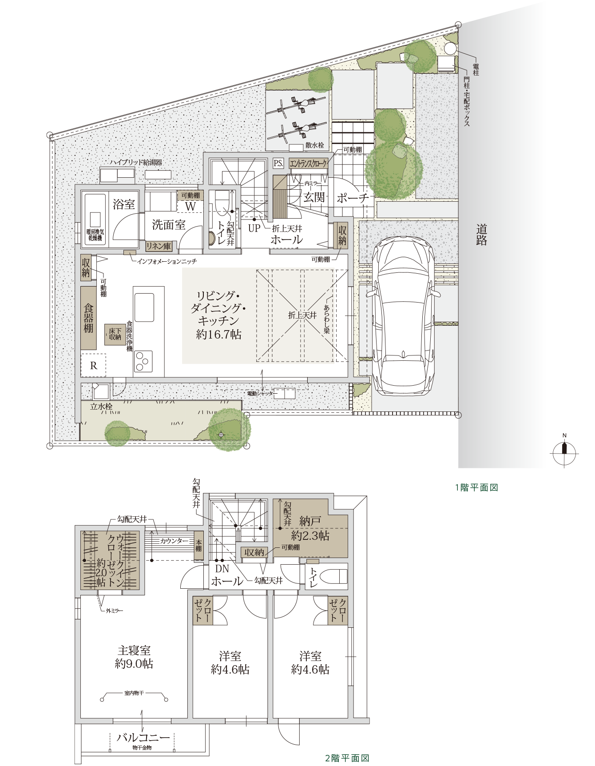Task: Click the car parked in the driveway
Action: pyautogui.click(x=403, y=315)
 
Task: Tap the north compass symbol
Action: pyautogui.click(x=564, y=452)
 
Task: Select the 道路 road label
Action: pyautogui.click(x=482, y=235)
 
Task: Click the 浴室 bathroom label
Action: pyautogui.click(x=124, y=204)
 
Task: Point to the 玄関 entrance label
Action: pyautogui.click(x=314, y=197)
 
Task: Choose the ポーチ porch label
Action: pyautogui.click(x=353, y=198)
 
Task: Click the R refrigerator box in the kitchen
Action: pyautogui.click(x=93, y=365)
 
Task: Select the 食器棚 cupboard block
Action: pyautogui.click(x=89, y=318)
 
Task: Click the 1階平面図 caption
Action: pyautogui.click(x=476, y=487)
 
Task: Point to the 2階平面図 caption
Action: pyautogui.click(x=348, y=758)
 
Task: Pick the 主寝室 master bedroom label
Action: pyautogui.click(x=134, y=650)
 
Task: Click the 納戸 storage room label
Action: pyautogui.click(x=310, y=521)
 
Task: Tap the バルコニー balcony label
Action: pyautogui.click(x=143, y=738)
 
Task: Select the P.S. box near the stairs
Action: pyautogui.click(x=278, y=163)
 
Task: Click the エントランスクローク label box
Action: pyautogui.click(x=309, y=164)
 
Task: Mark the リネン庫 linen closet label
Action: pyautogui.click(x=159, y=246)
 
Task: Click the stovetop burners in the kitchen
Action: pyautogui.click(x=143, y=361)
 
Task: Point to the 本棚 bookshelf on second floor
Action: pyautogui.click(x=199, y=546)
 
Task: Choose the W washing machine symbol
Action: pyautogui.click(x=190, y=207)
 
